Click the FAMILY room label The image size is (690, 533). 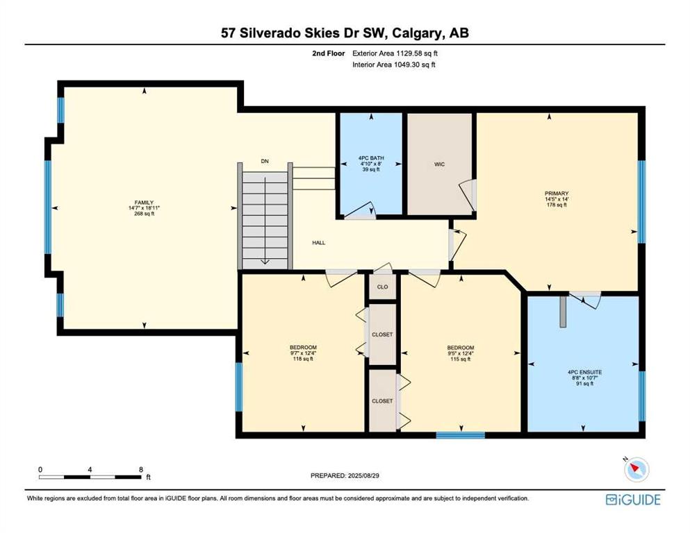coord(144,203)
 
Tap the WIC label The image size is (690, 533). coord(440,164)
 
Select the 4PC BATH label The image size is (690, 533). coord(371,158)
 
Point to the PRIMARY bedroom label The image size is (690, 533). coord(557,194)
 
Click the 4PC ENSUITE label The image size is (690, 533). coord(585,372)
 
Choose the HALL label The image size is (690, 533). coord(319,242)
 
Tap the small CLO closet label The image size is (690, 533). coord(382,287)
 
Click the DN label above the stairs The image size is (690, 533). coord(265,161)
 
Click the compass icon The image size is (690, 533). coord(636,469)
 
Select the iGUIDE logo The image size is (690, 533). coord(633,500)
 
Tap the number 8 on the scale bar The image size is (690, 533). coord(141,469)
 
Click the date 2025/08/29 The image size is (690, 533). coord(363,475)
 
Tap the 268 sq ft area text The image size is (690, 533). coord(144,214)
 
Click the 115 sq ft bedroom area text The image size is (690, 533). coord(461,359)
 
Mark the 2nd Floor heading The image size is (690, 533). coord(328,53)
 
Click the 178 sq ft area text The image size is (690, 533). coord(557,205)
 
